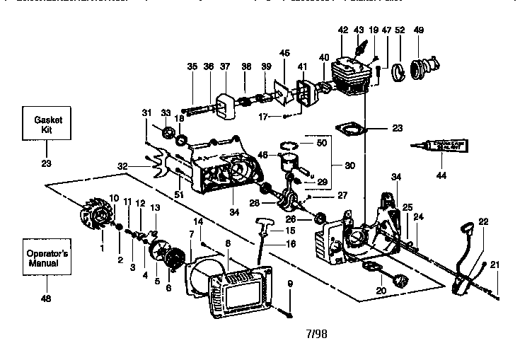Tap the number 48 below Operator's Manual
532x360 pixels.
[46, 298]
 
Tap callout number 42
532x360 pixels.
[343, 30]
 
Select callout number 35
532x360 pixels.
[192, 66]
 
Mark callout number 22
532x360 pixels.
[483, 221]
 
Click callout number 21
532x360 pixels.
[495, 265]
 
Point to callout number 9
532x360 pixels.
[290, 284]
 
